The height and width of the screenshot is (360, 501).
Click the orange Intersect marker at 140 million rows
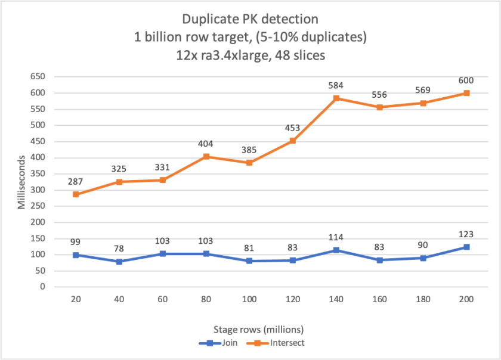336,98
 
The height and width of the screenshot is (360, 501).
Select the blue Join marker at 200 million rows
466,247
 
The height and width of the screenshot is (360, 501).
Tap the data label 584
336,85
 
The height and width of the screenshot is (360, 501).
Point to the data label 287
76,181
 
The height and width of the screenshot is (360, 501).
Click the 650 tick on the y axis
38,77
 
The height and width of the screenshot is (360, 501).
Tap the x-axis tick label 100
249,300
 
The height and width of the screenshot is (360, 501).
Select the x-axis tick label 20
76,300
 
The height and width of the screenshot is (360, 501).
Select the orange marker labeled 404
206,157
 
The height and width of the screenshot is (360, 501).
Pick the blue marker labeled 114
336,250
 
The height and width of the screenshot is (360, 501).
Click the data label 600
466,80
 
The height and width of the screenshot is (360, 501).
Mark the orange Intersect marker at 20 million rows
76,194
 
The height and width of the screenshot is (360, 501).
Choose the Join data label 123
466,234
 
